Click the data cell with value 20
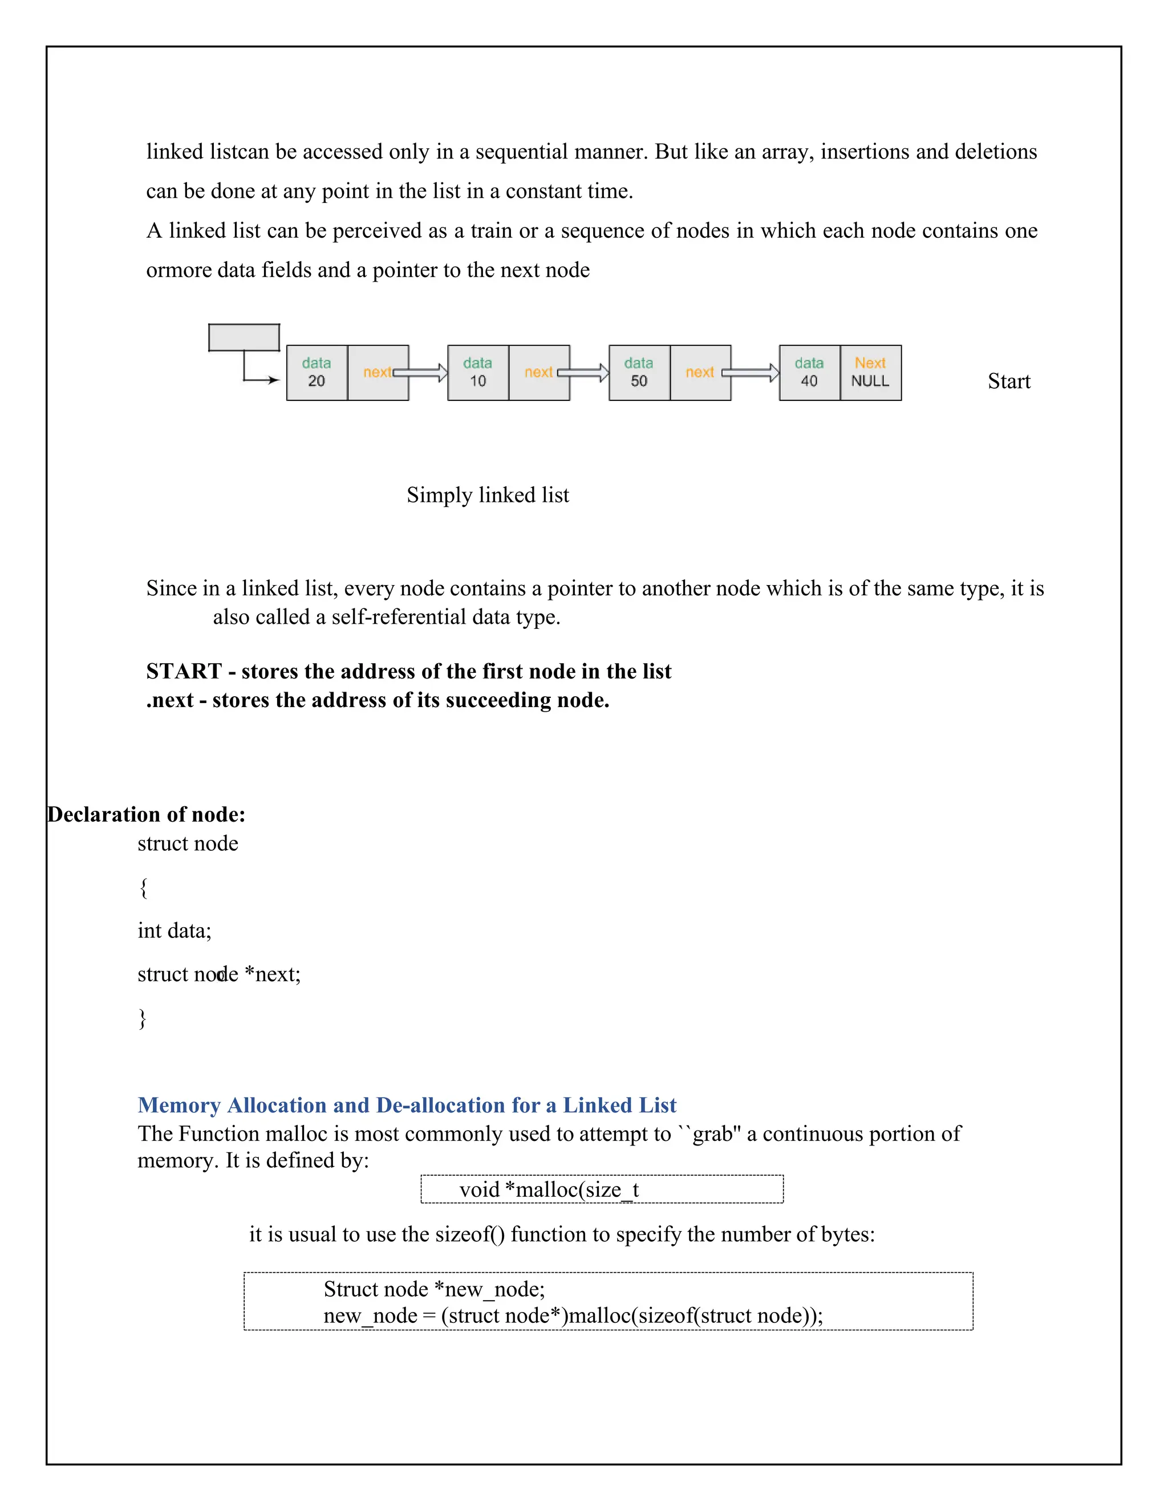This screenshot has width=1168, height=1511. point(316,372)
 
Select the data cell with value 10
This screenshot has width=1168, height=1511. point(477,372)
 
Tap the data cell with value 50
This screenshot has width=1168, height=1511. point(639,372)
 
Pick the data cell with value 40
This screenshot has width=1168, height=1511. point(809,372)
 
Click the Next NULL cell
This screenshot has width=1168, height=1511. point(870,372)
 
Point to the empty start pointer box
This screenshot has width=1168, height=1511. point(244,338)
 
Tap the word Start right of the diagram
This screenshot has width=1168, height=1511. point(1008,381)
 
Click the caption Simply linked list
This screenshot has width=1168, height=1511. point(487,495)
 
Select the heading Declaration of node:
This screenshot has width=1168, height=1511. point(146,814)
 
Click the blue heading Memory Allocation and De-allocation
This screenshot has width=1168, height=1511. point(406,1105)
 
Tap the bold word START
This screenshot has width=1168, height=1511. point(184,671)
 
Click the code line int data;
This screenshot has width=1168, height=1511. point(175,931)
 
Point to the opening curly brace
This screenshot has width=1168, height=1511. point(143,888)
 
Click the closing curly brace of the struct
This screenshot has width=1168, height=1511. point(143,1018)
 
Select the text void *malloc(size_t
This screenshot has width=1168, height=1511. point(549,1190)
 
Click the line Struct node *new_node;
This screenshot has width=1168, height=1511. point(434,1289)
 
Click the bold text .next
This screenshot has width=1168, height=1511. point(169,700)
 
